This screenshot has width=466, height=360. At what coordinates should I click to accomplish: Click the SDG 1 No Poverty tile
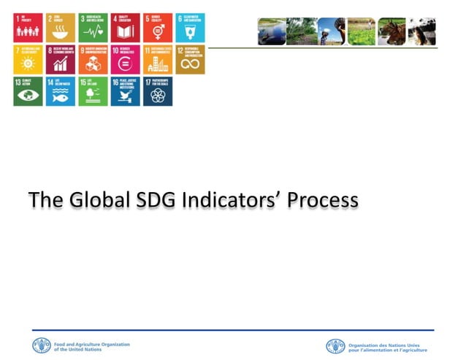point(28,28)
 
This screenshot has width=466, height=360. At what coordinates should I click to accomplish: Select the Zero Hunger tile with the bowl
point(61,28)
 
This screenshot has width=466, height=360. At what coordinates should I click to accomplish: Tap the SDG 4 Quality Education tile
point(125,28)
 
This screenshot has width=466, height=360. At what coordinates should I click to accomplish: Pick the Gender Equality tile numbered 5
point(158,28)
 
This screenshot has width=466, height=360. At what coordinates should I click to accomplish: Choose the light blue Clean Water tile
point(190,28)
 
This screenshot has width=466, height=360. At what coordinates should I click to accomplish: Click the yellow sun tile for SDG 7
point(28,60)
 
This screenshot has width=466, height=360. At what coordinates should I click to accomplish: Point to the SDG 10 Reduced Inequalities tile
point(125,60)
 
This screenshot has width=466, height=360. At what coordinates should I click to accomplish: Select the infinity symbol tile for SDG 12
point(190,60)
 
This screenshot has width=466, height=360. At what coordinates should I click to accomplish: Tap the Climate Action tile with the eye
point(28,91)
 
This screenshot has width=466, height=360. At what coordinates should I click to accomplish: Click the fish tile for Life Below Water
point(61,91)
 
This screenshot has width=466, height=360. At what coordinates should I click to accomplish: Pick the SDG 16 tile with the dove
point(125,91)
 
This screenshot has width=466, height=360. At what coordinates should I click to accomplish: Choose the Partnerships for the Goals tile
point(158,91)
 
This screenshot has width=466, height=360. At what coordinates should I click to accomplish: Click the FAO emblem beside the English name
point(42,345)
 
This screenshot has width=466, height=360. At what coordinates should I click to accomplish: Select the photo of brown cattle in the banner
point(391,31)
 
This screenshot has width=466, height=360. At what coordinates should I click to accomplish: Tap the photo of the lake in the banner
point(272,31)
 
